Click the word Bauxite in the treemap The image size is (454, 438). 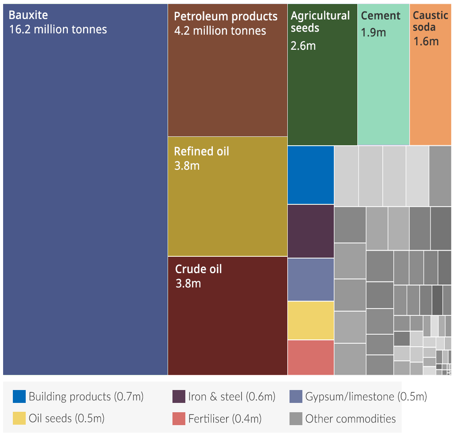(x=28, y=15)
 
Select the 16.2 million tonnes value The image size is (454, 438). (x=58, y=30)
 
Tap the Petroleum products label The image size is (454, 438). (x=226, y=16)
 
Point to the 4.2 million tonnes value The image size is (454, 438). (x=220, y=31)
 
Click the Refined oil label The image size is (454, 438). (x=201, y=151)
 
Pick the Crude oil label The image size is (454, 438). (x=198, y=269)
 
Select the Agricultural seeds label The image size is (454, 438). (x=320, y=22)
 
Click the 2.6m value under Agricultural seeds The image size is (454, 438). (x=303, y=45)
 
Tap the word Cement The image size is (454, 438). (x=381, y=16)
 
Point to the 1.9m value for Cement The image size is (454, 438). (x=373, y=33)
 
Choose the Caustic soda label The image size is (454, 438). (x=431, y=21)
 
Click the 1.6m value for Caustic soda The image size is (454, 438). (x=426, y=41)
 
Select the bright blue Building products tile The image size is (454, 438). (x=311, y=175)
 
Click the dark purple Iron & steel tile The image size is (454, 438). (x=311, y=231)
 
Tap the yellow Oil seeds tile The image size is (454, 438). (x=311, y=320)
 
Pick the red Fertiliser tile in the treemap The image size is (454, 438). (x=311, y=357)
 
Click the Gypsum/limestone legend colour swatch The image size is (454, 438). (x=296, y=396)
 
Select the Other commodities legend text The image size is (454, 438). (x=350, y=418)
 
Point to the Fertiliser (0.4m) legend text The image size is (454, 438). (x=225, y=418)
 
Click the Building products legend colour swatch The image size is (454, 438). (x=19, y=396)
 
